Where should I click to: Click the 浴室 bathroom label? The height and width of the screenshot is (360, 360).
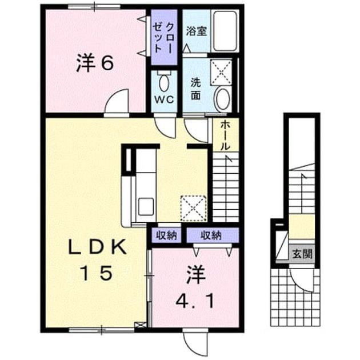[x=197, y=31]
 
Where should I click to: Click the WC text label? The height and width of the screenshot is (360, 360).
[x=164, y=99]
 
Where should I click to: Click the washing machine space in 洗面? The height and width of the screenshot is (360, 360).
[x=221, y=72]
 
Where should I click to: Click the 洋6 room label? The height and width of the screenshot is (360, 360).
[x=95, y=62]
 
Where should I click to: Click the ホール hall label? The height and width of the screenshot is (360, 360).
[x=225, y=136]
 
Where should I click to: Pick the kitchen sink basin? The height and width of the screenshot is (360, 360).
[x=146, y=207]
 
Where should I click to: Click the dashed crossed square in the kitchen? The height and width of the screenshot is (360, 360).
[x=194, y=208]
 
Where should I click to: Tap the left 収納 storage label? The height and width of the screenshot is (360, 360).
[x=166, y=235]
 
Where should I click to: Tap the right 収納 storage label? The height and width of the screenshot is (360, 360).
[x=211, y=235]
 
